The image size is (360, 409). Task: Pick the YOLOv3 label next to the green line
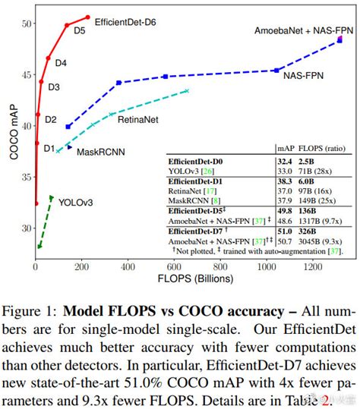tap(76, 203)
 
